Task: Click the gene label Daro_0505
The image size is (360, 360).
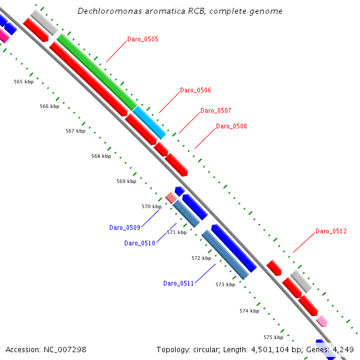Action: [143, 39]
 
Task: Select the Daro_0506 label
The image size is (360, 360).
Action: [196, 90]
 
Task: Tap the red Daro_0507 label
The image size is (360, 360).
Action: [215, 110]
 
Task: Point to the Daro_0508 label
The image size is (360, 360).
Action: [231, 126]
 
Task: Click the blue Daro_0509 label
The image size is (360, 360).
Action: [125, 227]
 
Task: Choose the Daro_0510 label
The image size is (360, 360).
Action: [140, 243]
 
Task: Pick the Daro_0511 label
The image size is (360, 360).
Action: [179, 283]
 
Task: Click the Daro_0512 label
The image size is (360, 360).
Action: [331, 231]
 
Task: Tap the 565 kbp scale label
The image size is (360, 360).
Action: [24, 82]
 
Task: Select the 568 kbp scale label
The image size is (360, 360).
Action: [101, 156]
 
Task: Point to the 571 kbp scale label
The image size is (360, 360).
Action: [177, 232]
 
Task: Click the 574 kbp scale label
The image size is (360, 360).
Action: [249, 311]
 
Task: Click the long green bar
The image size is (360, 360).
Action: [96, 72]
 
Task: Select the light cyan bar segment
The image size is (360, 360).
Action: [149, 122]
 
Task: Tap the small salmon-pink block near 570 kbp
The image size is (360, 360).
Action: [171, 197]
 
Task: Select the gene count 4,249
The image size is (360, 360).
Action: [341, 349]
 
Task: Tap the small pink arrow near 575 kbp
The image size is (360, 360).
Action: [322, 321]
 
